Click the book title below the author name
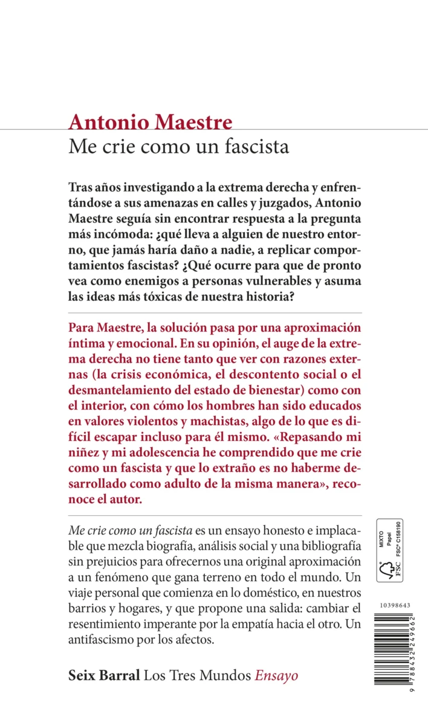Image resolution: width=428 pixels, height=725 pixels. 179,146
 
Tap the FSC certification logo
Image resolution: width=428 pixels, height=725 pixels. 390,550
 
